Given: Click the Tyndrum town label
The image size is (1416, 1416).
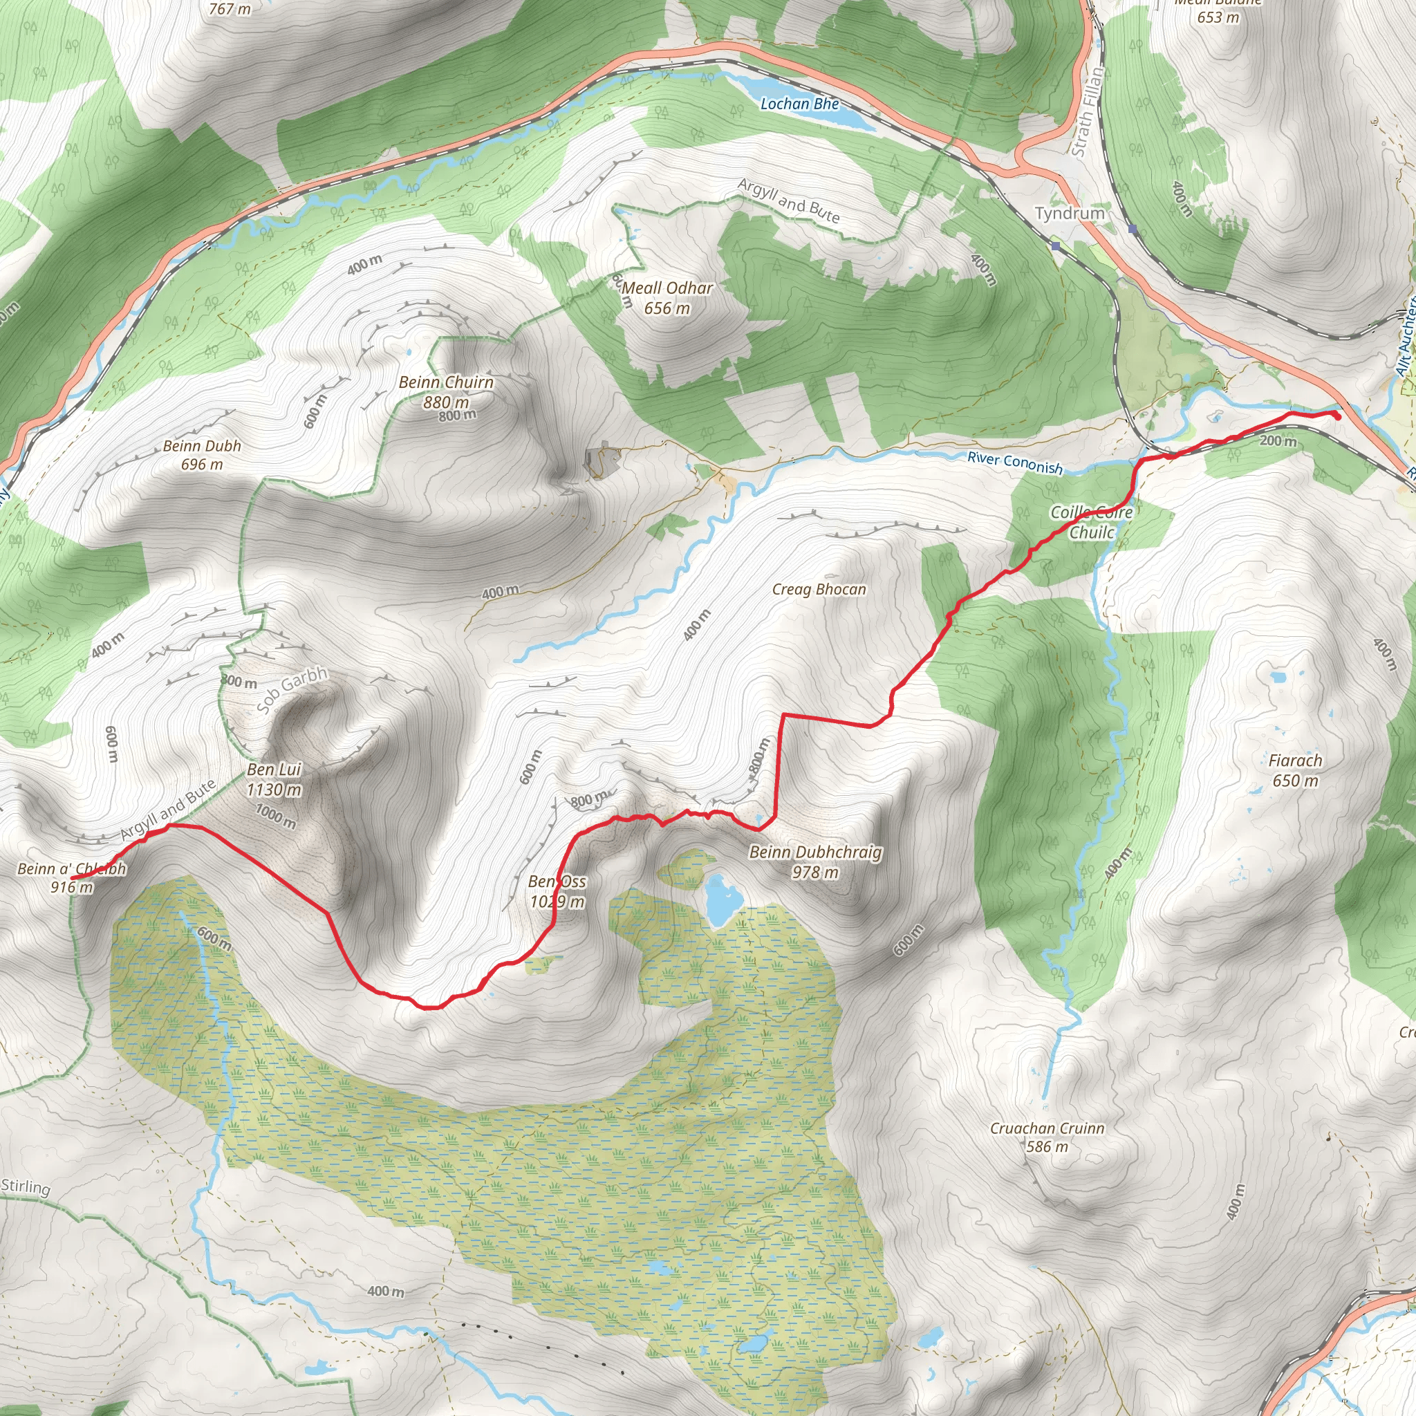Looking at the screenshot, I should pos(1070,213).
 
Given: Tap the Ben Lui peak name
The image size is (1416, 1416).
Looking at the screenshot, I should pos(274,770).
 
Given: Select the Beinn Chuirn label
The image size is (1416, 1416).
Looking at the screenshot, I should pos(446,382).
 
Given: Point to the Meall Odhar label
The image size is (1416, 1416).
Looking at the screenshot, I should pos(667,288).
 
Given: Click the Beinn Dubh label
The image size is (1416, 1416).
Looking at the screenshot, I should pos(202,446).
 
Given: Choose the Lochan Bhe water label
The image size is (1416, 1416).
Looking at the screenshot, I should pos(800,104).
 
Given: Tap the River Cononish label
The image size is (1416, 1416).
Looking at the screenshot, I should pos(1014,463).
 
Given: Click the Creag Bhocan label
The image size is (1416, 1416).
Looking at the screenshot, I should pos(819,589).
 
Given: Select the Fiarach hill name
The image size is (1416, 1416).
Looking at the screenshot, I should pos(1295,761).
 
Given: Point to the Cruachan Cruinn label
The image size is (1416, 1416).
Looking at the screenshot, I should pos(1047,1128).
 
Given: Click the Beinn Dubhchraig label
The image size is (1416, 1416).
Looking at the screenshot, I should pos(815,853).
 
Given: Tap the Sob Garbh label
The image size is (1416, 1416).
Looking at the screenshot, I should pos(292,691).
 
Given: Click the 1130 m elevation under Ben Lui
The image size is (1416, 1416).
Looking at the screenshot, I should pos(274,790).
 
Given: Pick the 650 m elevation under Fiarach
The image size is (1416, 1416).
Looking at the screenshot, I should pos(1295,781).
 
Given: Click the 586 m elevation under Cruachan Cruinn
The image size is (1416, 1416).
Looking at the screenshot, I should pos(1047,1146).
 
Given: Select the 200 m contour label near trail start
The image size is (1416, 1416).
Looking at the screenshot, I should pos(1278,441).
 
